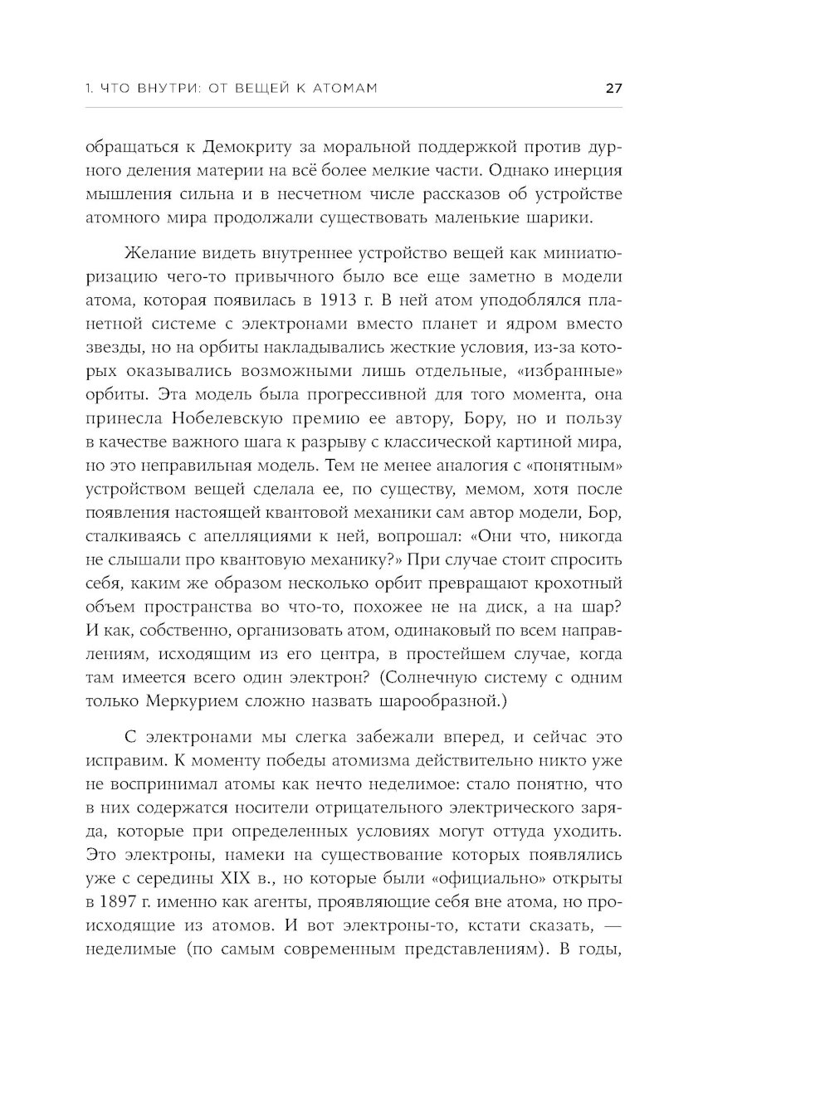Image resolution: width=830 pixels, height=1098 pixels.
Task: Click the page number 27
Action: click(x=613, y=88)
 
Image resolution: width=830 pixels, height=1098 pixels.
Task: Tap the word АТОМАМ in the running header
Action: click(x=339, y=88)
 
